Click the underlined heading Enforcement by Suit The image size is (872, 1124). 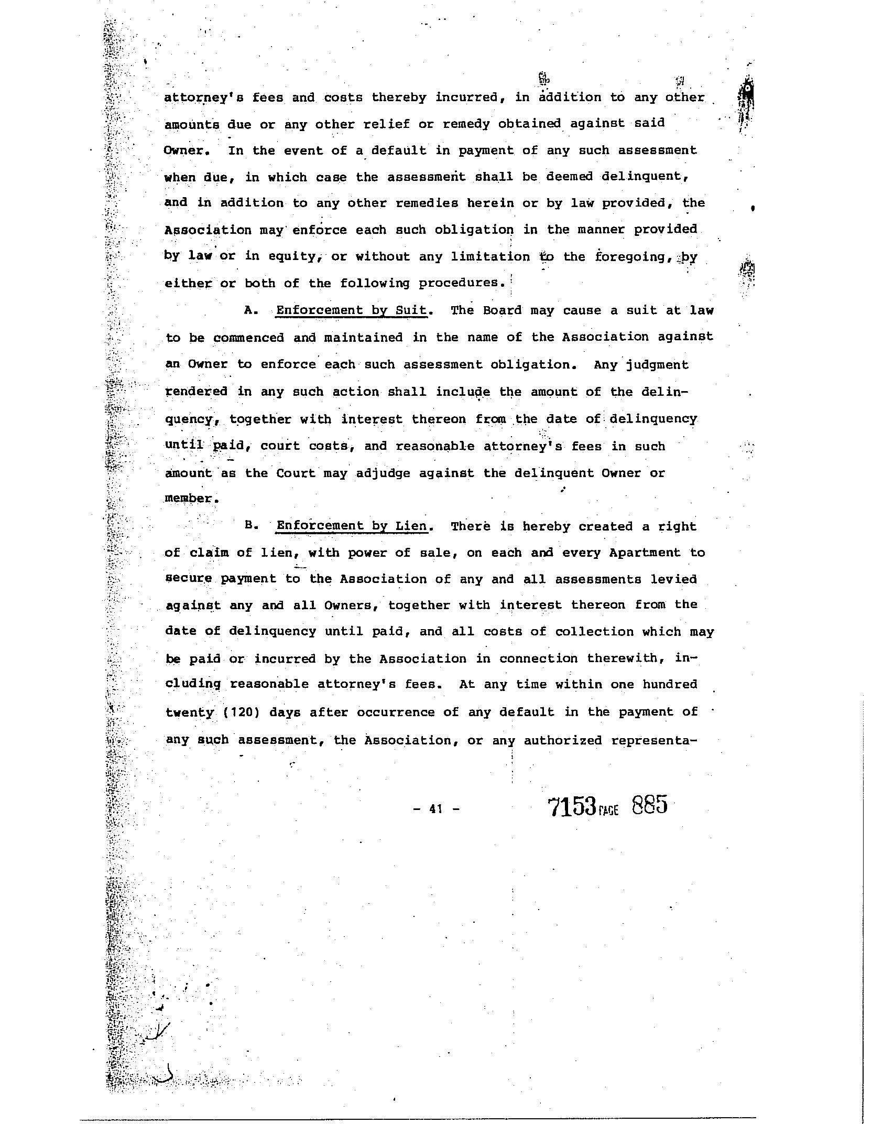point(352,310)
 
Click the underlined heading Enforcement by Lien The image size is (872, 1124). point(352,526)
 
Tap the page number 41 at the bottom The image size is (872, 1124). point(435,809)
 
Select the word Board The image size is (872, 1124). point(502,310)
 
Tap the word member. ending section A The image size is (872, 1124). point(191,498)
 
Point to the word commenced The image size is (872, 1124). point(249,338)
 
